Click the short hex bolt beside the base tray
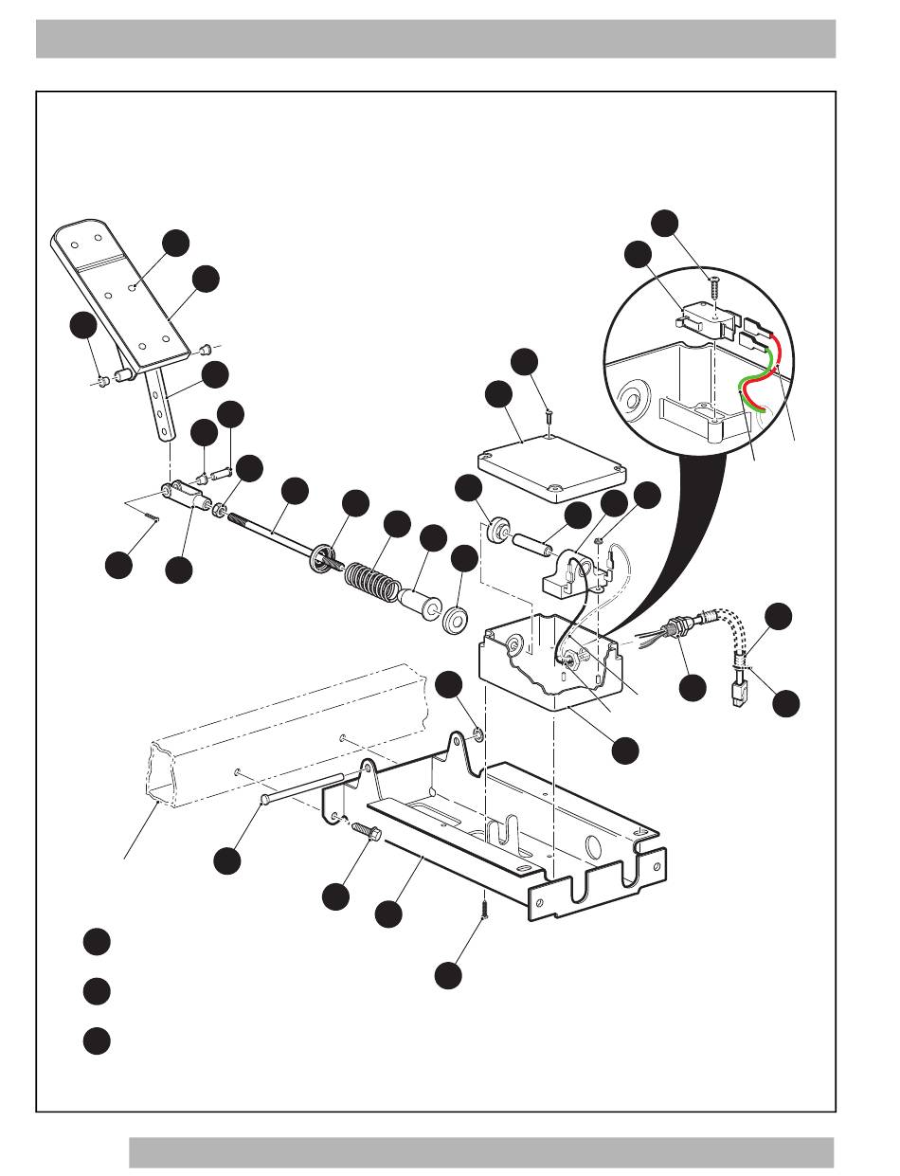click(365, 829)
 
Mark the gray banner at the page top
click(436, 38)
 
